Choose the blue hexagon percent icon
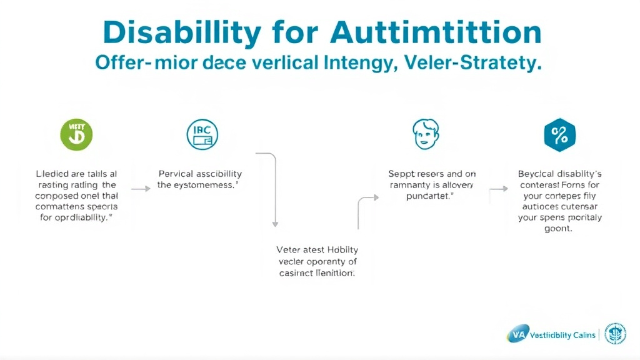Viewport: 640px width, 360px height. click(559, 134)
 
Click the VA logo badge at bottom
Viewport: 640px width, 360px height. click(516, 335)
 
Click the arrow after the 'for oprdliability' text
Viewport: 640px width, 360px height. click(141, 187)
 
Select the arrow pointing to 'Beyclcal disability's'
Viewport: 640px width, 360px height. click(498, 187)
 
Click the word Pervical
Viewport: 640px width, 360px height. click(176, 174)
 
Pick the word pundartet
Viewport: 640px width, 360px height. click(425, 196)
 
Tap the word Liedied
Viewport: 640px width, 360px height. click(53, 174)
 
